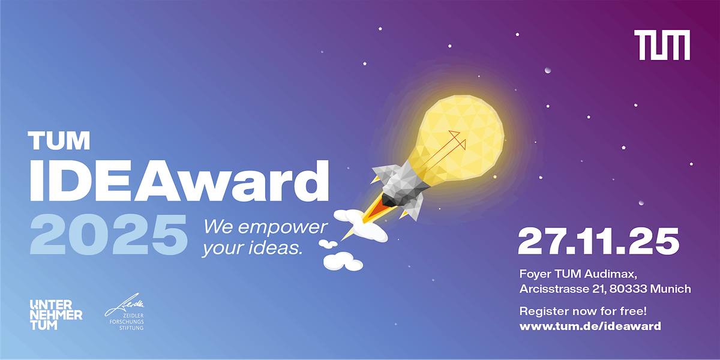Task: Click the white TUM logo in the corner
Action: tap(662, 45)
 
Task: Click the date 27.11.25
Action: tap(598, 241)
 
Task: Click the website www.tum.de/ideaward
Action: tap(590, 326)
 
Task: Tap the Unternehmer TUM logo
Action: tap(56, 314)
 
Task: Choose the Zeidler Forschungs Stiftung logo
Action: tap(125, 314)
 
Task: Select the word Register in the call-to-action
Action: tap(542, 311)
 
